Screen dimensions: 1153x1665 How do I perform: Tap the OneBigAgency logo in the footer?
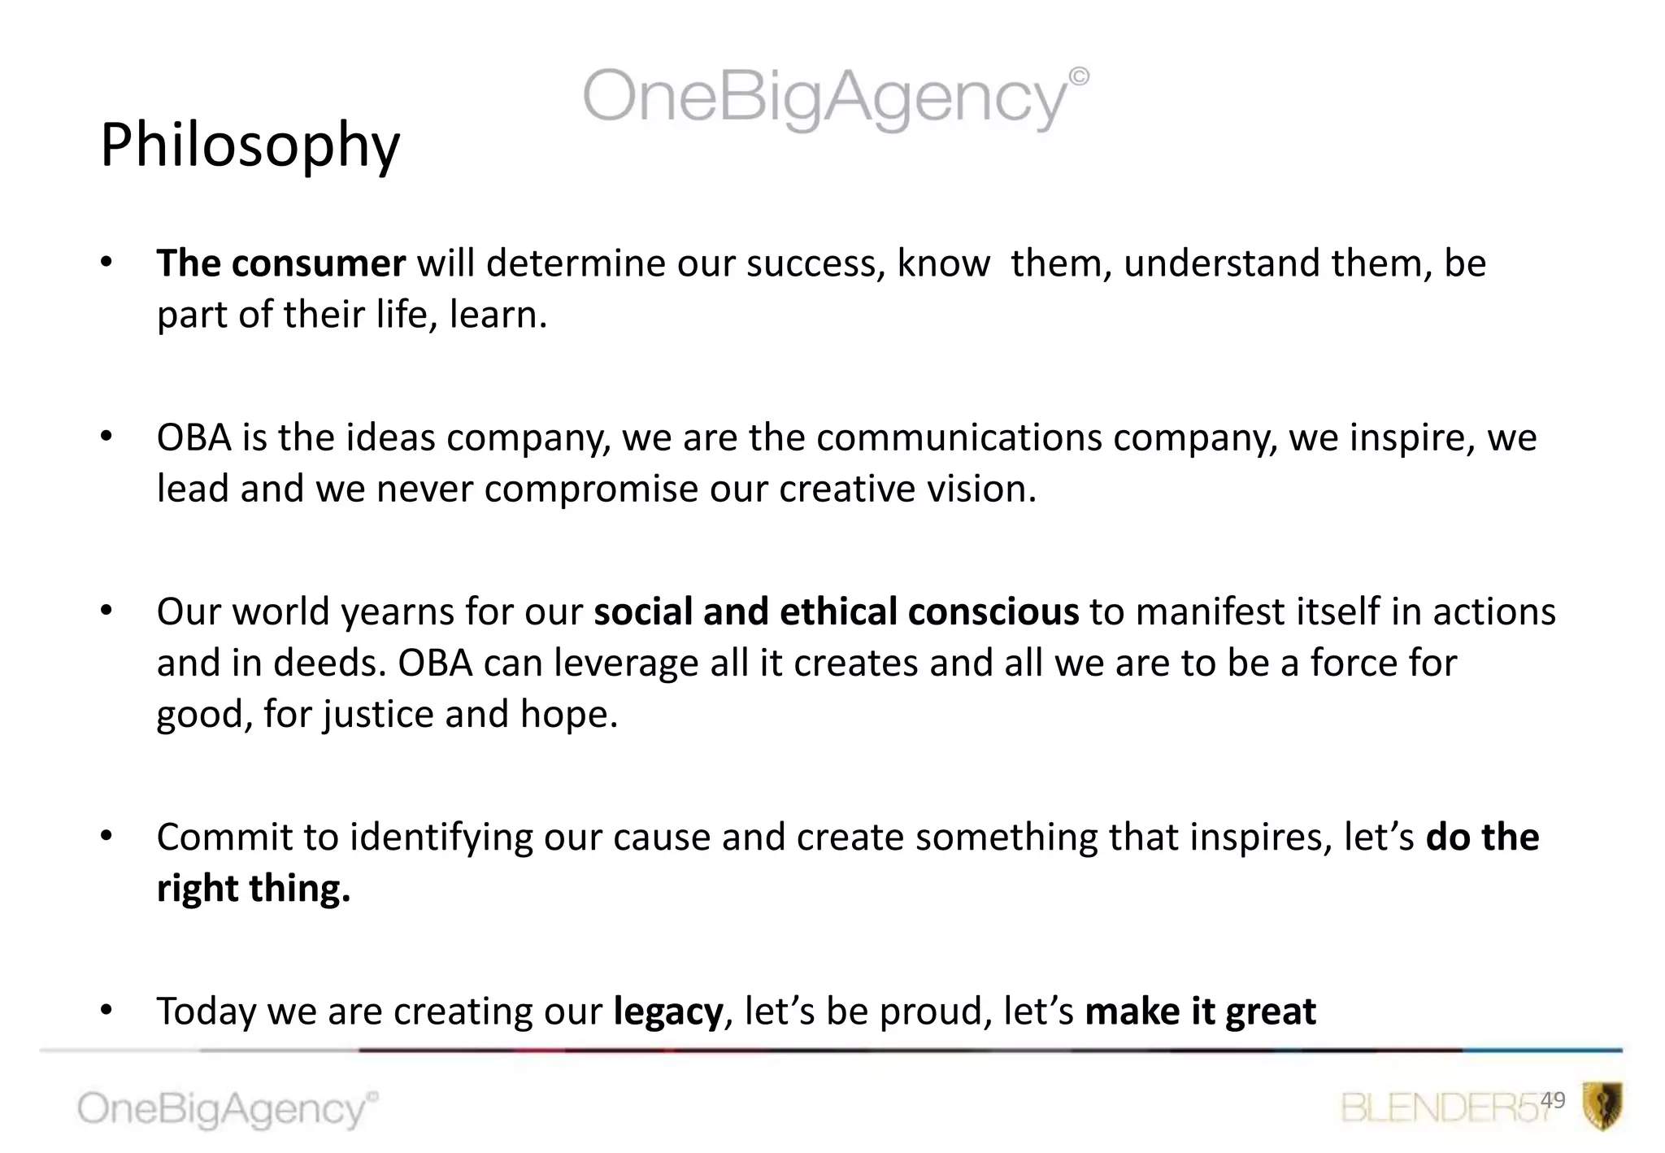coord(226,1109)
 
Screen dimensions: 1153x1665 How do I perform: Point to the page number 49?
coord(1552,1100)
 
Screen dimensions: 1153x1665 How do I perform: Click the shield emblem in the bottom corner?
coord(1602,1106)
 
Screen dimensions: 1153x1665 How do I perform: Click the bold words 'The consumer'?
coord(280,263)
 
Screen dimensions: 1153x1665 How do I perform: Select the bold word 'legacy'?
coord(667,1012)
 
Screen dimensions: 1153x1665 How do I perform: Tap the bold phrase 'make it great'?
coord(1200,1012)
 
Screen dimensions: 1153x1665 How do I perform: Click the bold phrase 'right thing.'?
coord(253,888)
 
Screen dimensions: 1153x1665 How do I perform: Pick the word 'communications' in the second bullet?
coord(959,438)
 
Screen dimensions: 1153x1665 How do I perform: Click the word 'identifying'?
coord(441,838)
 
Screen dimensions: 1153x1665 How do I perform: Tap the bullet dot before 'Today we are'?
coord(107,1010)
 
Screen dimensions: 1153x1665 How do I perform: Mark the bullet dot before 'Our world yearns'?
coord(107,611)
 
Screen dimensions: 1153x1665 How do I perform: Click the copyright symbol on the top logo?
coord(1079,76)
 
